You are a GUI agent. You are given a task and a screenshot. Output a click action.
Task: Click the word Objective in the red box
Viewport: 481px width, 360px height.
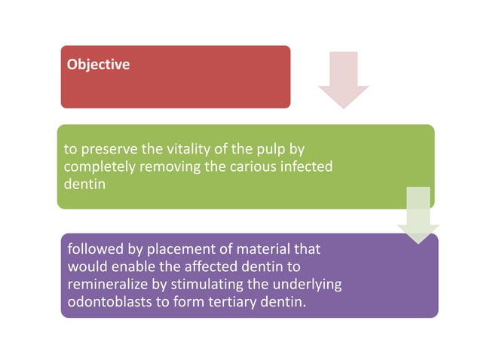[98, 65]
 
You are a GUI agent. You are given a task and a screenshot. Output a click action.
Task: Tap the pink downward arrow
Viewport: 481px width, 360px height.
[344, 80]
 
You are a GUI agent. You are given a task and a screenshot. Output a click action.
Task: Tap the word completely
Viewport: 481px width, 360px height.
[97, 166]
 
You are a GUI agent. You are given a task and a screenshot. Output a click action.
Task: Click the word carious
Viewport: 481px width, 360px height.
[253, 166]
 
